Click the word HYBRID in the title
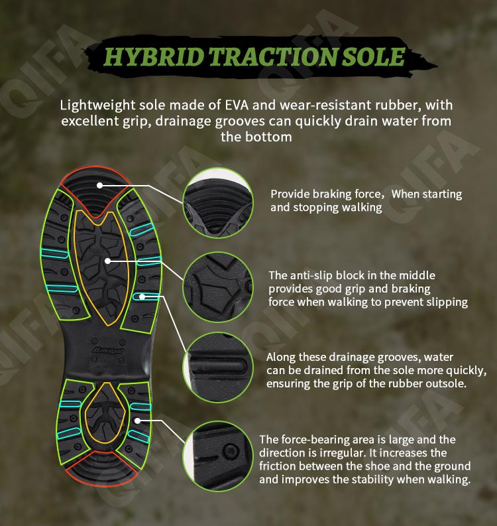(x=153, y=56)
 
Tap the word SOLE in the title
(x=373, y=56)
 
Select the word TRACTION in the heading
(x=273, y=56)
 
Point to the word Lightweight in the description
(x=97, y=105)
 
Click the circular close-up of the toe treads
(x=218, y=203)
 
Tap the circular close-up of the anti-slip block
(x=218, y=287)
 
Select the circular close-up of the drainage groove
(x=218, y=367)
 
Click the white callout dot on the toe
(x=99, y=185)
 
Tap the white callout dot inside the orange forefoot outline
(x=107, y=261)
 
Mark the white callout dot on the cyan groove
(x=142, y=296)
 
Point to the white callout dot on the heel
(x=137, y=421)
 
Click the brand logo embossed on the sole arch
(x=108, y=350)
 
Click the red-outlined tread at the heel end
(x=101, y=469)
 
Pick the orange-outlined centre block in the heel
(x=105, y=413)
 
